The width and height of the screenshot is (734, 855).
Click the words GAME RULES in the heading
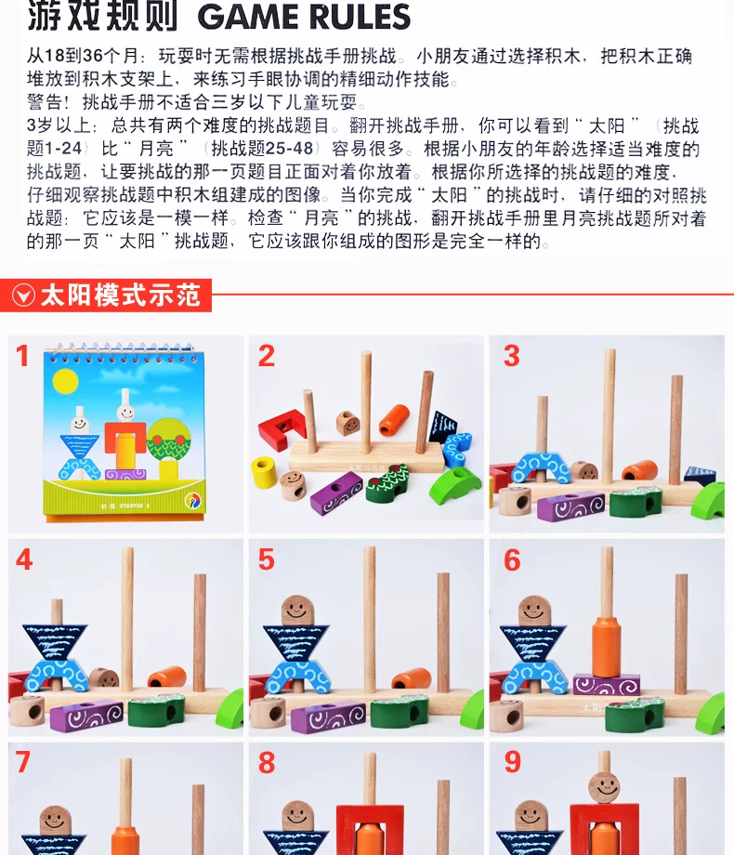tap(304, 17)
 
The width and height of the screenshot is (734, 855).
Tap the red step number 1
tap(22, 357)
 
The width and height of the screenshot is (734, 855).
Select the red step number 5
tap(266, 559)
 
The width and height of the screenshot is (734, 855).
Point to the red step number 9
tap(512, 762)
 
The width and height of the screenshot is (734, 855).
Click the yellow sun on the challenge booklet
tap(65, 381)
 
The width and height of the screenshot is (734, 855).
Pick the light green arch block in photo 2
tap(454, 484)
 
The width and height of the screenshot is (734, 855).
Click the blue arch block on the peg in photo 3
tap(541, 467)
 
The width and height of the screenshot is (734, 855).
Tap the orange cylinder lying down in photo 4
tap(167, 677)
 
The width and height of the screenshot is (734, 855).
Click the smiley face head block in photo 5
tap(297, 611)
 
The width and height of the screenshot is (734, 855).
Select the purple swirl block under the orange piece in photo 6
tap(606, 685)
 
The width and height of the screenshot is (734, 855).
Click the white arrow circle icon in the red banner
tap(23, 296)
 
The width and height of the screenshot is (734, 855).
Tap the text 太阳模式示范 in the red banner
tap(120, 295)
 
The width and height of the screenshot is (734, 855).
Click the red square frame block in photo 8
tap(371, 830)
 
